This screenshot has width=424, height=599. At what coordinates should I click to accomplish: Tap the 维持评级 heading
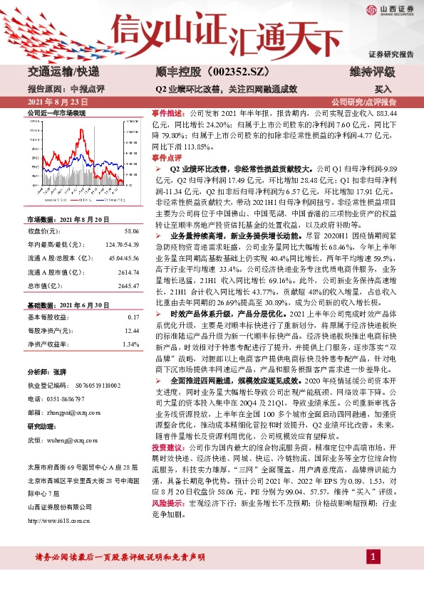point(371,72)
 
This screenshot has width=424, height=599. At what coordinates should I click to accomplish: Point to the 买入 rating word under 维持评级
point(383,90)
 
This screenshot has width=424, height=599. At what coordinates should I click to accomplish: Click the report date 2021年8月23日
point(54,102)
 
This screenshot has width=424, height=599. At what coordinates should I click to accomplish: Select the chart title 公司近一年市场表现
point(56,113)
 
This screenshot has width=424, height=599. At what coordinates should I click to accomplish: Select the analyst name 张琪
point(60,372)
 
